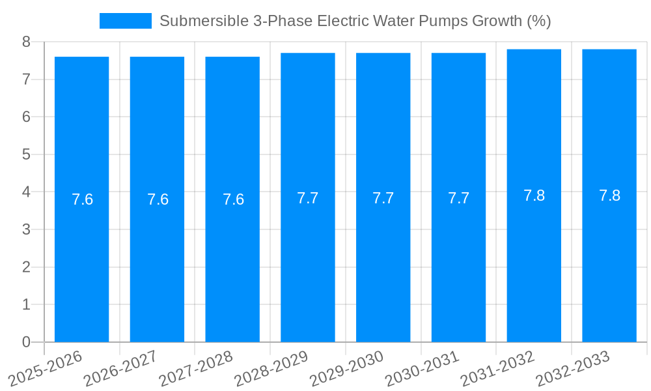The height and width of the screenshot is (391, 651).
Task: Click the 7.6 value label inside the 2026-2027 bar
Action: [x=158, y=199]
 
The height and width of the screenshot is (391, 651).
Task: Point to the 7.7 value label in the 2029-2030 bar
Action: [x=383, y=198]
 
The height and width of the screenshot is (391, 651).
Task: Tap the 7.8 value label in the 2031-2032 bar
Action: [x=534, y=195]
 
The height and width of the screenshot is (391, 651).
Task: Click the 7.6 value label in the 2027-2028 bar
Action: [x=233, y=199]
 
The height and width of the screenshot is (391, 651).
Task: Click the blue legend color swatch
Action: [x=125, y=21]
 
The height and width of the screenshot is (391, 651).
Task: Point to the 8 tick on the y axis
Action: [x=26, y=42]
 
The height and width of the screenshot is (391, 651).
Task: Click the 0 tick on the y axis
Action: [x=26, y=342]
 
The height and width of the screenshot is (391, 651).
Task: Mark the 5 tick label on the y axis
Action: [x=26, y=154]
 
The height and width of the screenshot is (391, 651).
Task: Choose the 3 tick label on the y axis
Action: [x=26, y=229]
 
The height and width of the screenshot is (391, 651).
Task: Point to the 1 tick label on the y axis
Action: [x=26, y=304]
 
